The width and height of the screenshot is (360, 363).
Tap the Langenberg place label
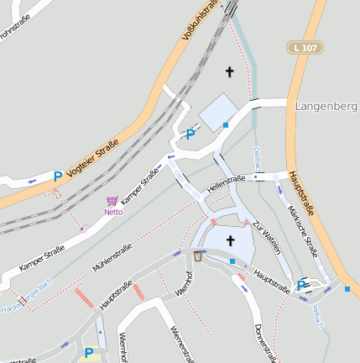tap(326, 107)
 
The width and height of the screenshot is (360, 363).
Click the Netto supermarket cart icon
tap(112, 202)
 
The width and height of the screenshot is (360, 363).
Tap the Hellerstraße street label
tap(226, 186)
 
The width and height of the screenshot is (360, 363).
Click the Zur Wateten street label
tap(266, 238)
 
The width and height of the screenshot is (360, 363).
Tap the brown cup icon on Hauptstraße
tap(198, 255)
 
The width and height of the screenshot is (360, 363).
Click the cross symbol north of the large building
tap(229, 72)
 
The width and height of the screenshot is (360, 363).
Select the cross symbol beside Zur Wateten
tap(230, 240)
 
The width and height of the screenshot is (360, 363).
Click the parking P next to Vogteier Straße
tap(57, 176)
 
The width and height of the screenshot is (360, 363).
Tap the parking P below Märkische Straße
tap(301, 286)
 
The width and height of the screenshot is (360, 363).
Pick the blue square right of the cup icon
tap(232, 261)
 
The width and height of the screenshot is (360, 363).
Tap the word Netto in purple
tap(113, 213)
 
